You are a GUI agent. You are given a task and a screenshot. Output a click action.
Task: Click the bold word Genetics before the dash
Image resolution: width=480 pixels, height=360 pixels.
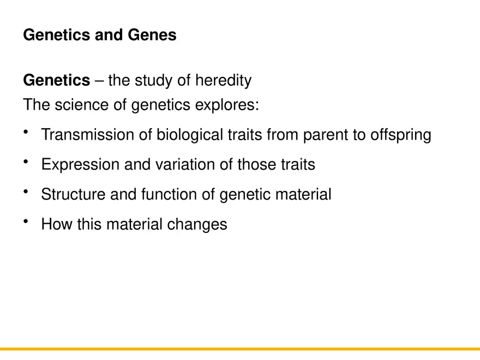56,81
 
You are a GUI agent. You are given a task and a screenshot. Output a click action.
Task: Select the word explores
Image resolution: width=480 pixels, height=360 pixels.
226,105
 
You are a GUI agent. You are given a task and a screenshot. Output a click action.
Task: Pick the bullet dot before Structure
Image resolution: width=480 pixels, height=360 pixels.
27,191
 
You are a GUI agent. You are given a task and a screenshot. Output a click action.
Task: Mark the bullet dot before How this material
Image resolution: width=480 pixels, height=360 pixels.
27,221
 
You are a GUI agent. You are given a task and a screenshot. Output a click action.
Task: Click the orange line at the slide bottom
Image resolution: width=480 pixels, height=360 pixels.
240,349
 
